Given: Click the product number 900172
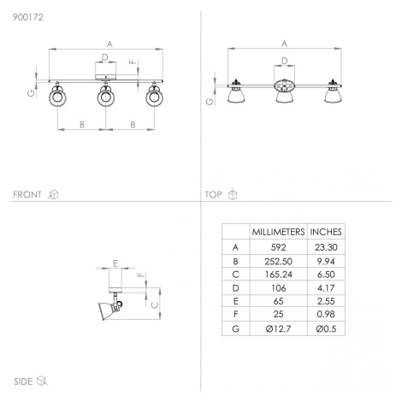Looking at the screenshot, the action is click(28, 17).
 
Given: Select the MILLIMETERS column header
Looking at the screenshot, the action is click(278, 232).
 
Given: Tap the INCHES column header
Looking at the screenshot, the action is click(326, 232).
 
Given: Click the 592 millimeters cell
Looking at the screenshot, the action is click(278, 247).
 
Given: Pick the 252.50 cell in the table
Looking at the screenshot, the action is click(278, 261).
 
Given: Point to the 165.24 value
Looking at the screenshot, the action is click(278, 275).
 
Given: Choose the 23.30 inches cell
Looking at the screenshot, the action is click(326, 247).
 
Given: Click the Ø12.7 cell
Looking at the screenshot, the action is click(278, 328).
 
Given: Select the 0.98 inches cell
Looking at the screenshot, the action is click(326, 314).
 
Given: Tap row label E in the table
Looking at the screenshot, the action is click(235, 301).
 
